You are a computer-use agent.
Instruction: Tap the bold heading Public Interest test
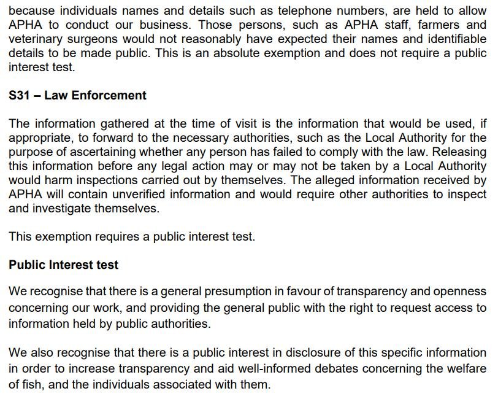pos(63,265)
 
